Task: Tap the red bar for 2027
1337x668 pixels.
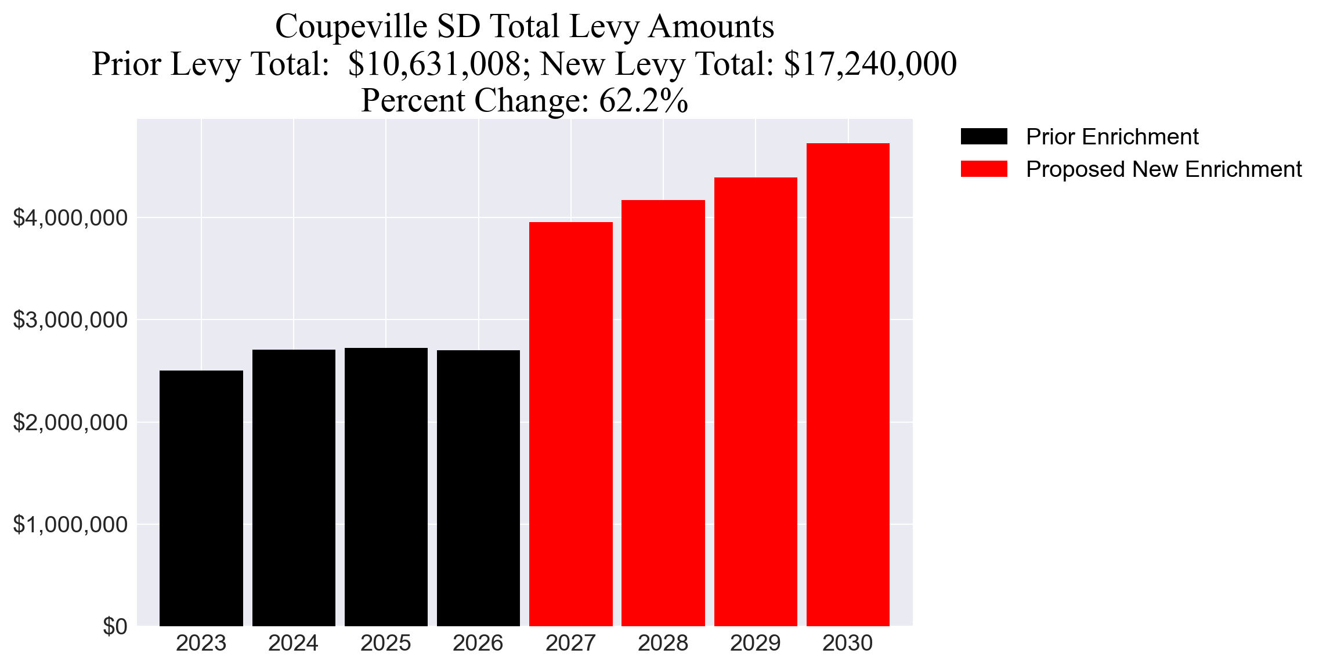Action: pos(570,423)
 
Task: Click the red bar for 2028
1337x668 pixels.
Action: pos(663,412)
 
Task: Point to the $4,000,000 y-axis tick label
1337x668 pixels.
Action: pos(70,218)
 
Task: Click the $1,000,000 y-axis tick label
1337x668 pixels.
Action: pos(70,524)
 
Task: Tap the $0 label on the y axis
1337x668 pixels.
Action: pos(115,626)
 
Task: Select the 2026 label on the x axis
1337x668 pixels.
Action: pos(478,643)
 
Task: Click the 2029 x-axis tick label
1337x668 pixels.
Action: pos(755,643)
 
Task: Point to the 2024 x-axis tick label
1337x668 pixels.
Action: pos(293,643)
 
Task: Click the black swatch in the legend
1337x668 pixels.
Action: pos(984,137)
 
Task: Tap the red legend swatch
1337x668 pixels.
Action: pos(984,169)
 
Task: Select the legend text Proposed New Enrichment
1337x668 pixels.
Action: pos(1163,169)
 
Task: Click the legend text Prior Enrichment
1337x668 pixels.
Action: pos(1112,137)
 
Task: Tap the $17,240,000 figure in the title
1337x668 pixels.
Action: pos(870,64)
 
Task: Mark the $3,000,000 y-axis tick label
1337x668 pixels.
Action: pos(70,320)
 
